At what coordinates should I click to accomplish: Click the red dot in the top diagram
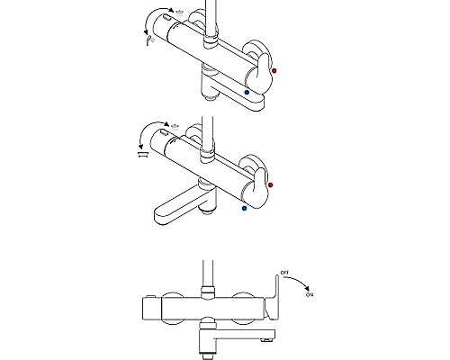pos(274,71)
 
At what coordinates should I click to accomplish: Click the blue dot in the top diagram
pos(247,93)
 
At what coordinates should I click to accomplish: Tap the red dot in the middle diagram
pos(271,184)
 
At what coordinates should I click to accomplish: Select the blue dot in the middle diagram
pos(244,208)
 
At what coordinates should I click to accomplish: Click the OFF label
pos(284,273)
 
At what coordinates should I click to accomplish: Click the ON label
pos(310,295)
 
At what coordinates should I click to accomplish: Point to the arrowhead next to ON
pos(307,289)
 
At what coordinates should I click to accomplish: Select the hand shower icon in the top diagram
pos(150,40)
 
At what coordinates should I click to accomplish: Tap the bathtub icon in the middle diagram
pos(143,155)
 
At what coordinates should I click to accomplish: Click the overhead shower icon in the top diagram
pos(180,13)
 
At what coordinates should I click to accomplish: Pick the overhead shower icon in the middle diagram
pos(175,126)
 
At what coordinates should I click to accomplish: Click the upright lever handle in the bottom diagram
pos(273,297)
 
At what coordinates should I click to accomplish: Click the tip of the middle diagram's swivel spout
pos(157,217)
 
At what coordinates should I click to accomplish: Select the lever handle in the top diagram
pos(259,74)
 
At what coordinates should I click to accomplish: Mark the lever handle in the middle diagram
pos(256,188)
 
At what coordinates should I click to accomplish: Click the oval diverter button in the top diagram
pos(166,18)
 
